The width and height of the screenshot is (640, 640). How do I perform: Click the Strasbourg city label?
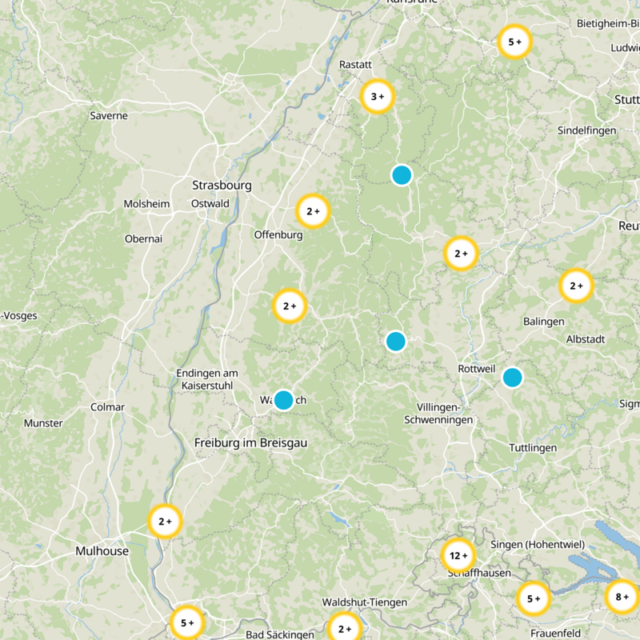222,186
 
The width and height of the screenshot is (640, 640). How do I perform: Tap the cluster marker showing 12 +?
458,555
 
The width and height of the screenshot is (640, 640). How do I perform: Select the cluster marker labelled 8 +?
622,597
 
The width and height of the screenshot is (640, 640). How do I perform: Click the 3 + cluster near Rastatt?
378,97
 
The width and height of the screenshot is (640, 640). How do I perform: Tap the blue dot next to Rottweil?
512,377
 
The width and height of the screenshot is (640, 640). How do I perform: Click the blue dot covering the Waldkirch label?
283,400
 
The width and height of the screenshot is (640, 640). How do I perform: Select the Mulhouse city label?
102,551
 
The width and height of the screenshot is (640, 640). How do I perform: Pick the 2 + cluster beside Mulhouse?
166,522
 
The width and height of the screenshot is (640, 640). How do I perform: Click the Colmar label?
108,407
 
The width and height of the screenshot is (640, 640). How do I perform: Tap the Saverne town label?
109,116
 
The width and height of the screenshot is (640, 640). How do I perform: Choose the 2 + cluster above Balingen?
576,286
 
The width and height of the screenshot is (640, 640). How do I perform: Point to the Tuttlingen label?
533,448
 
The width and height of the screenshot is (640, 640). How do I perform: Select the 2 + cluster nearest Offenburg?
313,212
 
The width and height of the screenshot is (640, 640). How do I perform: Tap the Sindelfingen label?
586,130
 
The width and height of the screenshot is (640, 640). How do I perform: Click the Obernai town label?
144,238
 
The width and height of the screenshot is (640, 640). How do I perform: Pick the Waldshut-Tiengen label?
364,602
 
